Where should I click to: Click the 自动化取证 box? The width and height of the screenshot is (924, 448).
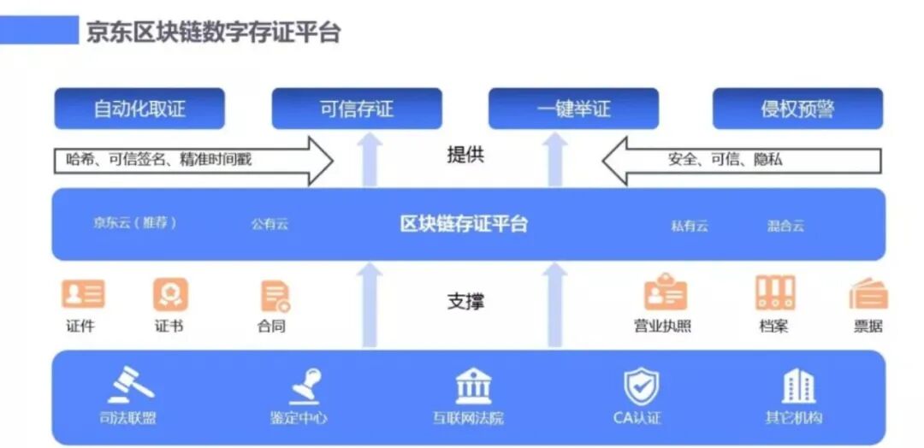tap(139, 109)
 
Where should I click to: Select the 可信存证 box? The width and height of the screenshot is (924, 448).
tap(357, 109)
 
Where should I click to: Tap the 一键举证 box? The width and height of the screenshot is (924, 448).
tap(573, 109)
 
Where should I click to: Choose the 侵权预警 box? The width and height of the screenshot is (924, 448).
tap(797, 109)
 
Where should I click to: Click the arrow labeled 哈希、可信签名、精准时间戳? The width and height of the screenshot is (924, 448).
tap(192, 159)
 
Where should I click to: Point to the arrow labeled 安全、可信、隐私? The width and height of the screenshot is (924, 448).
tap(741, 159)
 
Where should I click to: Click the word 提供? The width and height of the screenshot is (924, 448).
tap(465, 156)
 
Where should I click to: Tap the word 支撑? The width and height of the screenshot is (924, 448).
tap(465, 302)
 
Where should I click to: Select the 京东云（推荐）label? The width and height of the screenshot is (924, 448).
tap(135, 223)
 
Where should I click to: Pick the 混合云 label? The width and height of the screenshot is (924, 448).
tap(785, 227)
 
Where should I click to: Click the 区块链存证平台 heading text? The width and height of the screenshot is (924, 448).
tap(464, 225)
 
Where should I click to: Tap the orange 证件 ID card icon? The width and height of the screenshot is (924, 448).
tap(83, 294)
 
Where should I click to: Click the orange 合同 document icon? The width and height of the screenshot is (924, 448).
tap(275, 295)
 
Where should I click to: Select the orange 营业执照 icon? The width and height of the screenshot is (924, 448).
tap(665, 293)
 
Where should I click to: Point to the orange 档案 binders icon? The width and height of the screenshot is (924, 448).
tap(775, 293)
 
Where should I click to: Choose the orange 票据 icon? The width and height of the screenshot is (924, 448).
tap(868, 294)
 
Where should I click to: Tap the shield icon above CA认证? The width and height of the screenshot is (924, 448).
tap(640, 386)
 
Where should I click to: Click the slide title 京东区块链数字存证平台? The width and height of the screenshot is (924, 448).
tap(213, 32)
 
